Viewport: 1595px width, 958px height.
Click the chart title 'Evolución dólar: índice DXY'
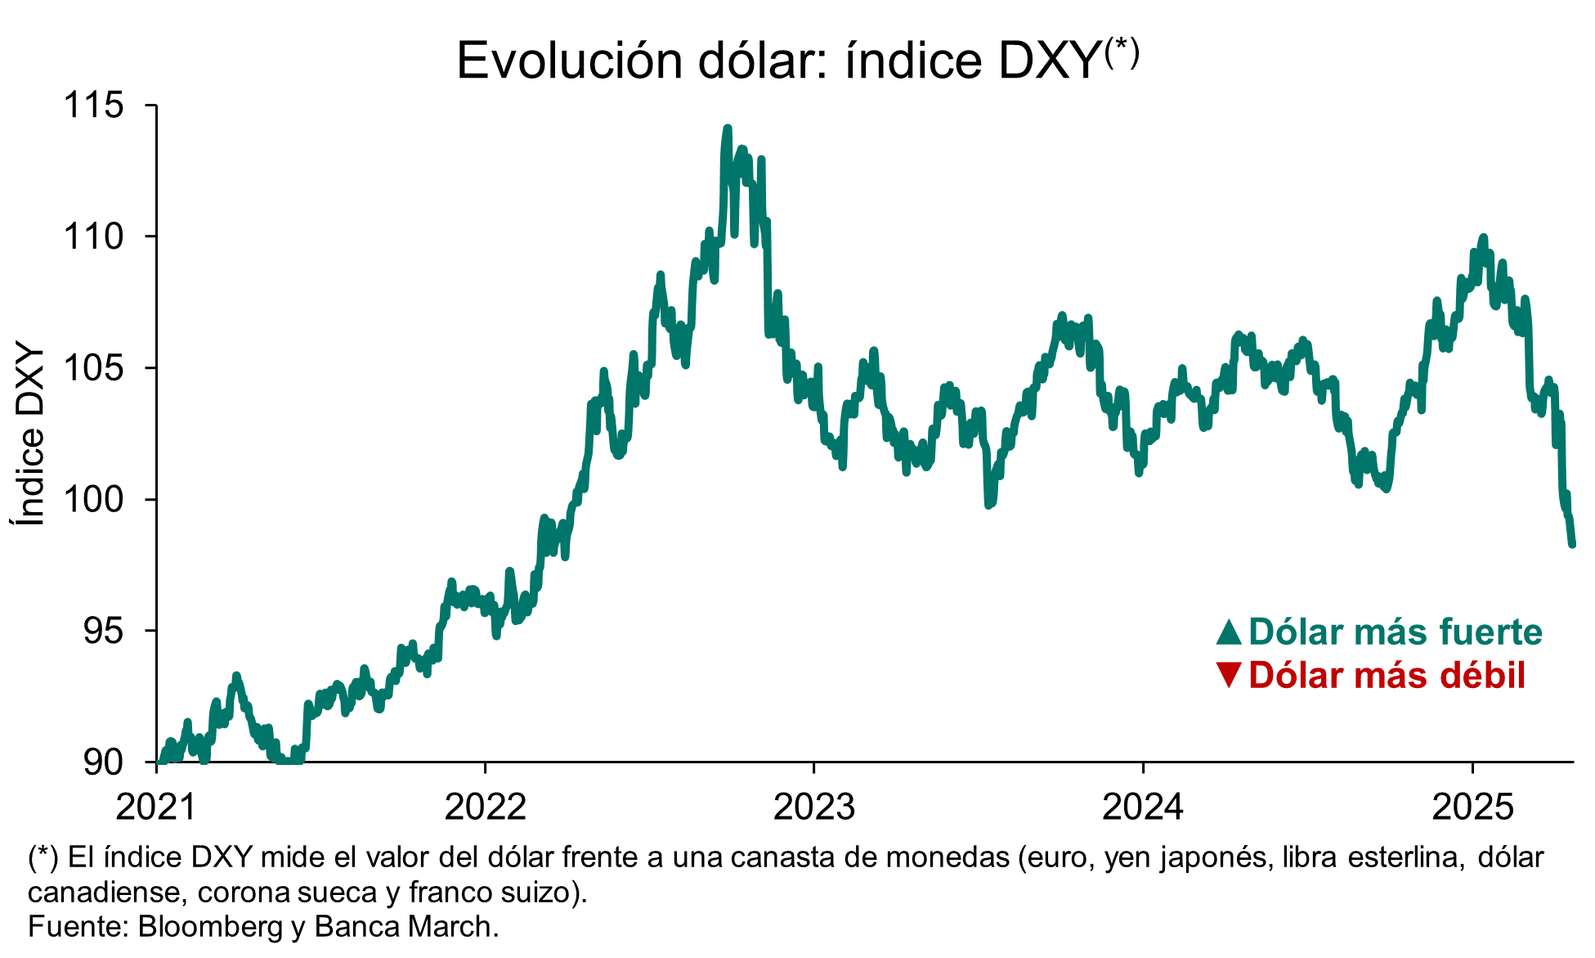click(x=796, y=60)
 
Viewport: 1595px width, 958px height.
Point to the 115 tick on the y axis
click(x=93, y=106)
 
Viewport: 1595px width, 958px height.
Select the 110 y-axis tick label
click(x=93, y=236)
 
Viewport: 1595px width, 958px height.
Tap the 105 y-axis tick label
click(x=93, y=368)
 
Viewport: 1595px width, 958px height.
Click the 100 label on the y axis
click(x=93, y=499)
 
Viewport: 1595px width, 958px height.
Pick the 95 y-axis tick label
click(x=103, y=631)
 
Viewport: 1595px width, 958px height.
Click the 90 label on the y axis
click(x=103, y=762)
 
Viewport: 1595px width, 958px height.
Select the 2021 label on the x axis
click(x=156, y=807)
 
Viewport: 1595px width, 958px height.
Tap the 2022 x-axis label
click(x=485, y=807)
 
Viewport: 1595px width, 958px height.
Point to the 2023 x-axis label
click(x=814, y=807)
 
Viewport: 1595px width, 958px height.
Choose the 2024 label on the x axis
click(x=1143, y=807)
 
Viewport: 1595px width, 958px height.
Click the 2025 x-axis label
click(x=1472, y=807)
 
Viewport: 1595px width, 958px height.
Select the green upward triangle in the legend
click(x=1229, y=632)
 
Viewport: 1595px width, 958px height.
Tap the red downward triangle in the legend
click(x=1229, y=675)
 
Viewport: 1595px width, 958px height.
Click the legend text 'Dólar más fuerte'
click(x=1395, y=632)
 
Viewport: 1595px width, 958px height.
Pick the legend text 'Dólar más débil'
click(x=1387, y=675)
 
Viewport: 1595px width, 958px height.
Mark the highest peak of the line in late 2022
click(x=727, y=129)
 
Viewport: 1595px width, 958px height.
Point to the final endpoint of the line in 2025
click(x=1571, y=543)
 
